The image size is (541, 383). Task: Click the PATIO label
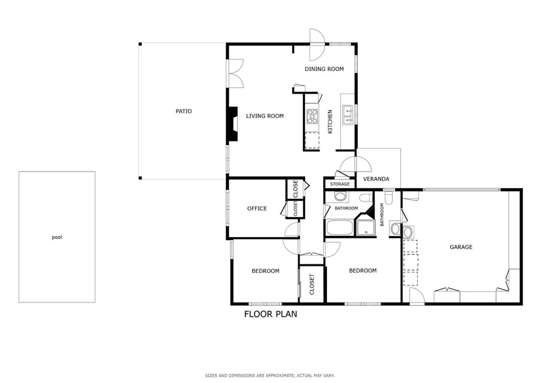(x=183, y=111)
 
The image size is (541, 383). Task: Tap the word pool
(x=57, y=238)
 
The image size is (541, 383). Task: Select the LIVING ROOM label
(x=265, y=116)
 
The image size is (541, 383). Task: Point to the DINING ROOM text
(x=324, y=69)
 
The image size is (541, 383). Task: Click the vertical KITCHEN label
(x=330, y=122)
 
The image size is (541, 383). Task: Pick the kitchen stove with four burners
(x=312, y=116)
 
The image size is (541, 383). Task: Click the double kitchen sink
(x=348, y=115)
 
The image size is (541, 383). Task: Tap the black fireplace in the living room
(x=232, y=124)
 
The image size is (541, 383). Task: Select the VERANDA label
(x=376, y=179)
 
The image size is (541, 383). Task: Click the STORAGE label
(x=340, y=184)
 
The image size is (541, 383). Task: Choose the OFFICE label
(x=257, y=208)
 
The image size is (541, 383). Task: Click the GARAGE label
(x=461, y=247)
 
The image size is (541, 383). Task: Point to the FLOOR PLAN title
(x=270, y=314)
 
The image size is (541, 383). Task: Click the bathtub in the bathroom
(x=340, y=227)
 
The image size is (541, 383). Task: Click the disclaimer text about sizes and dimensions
(x=270, y=376)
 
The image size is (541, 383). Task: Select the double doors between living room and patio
(x=235, y=73)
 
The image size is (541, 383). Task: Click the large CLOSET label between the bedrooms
(x=312, y=284)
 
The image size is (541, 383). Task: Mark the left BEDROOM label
(x=265, y=271)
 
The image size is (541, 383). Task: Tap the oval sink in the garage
(x=408, y=232)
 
